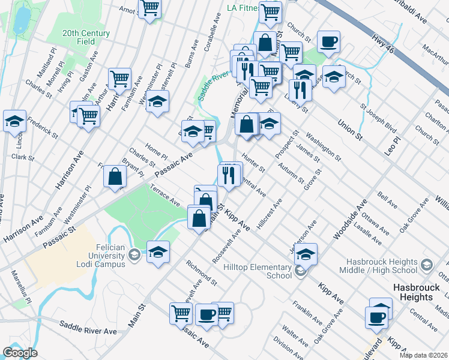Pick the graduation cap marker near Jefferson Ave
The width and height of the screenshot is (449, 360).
click(x=306, y=254)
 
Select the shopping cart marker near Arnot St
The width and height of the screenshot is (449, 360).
click(x=149, y=8)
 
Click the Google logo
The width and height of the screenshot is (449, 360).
click(x=20, y=353)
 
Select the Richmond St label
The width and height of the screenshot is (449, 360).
click(x=201, y=272)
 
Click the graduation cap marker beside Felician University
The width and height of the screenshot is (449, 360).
click(x=158, y=252)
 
